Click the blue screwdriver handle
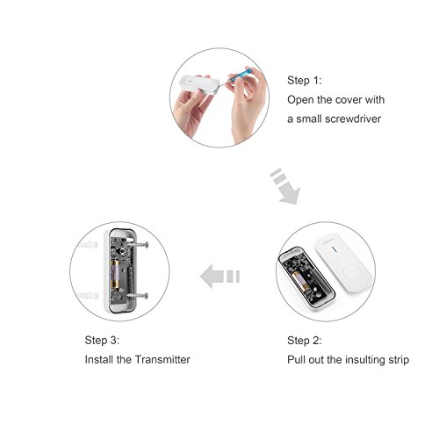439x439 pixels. click(x=240, y=75)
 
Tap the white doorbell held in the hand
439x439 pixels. click(x=198, y=85)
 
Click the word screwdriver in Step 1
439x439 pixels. click(x=353, y=119)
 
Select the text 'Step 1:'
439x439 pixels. click(x=305, y=80)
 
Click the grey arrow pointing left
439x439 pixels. click(x=220, y=277)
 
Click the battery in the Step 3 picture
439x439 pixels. click(x=115, y=273)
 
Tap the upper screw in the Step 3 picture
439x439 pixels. click(x=137, y=244)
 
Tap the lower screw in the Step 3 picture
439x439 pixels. click(x=137, y=296)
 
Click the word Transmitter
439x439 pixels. click(x=162, y=359)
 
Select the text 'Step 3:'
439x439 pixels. click(x=102, y=340)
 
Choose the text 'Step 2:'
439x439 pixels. click(x=305, y=341)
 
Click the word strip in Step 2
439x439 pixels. click(x=399, y=360)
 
